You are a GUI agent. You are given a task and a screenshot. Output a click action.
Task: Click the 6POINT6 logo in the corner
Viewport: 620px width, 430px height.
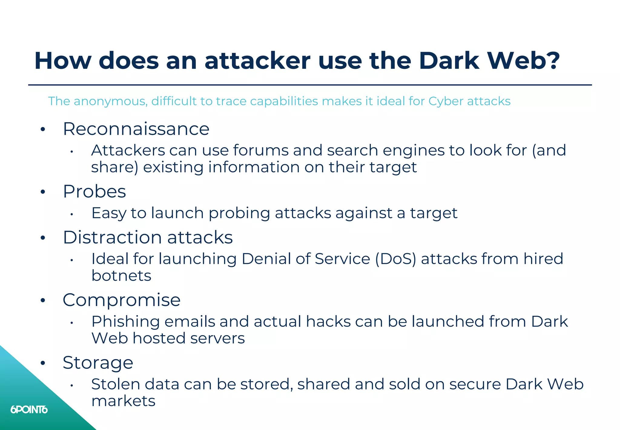click(x=29, y=410)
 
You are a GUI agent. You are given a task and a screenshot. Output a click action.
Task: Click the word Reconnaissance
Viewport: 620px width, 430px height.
click(x=136, y=129)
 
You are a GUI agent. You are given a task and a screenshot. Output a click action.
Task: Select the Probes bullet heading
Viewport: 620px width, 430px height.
click(x=94, y=192)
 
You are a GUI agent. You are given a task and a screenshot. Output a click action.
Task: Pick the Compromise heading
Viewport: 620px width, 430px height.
click(x=121, y=300)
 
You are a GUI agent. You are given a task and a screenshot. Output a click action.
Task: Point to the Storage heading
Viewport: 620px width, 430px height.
click(x=98, y=363)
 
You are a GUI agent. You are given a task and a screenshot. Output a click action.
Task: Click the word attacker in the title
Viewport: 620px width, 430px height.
click(x=257, y=61)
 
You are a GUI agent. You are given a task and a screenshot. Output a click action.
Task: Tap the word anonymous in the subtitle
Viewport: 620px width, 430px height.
click(x=110, y=101)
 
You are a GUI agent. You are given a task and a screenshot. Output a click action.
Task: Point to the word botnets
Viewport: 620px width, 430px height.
click(x=121, y=276)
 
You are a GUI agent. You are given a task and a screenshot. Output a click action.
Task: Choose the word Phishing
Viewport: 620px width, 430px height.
click(x=125, y=322)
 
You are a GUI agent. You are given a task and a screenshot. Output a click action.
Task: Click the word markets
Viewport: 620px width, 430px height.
click(x=123, y=401)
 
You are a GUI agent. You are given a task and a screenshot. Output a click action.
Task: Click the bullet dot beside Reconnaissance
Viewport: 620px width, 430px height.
click(x=43, y=129)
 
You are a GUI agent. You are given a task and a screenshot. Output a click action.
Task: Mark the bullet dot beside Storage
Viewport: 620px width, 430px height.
click(x=43, y=363)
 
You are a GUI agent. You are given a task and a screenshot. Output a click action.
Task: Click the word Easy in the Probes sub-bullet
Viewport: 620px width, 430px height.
click(x=109, y=213)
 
